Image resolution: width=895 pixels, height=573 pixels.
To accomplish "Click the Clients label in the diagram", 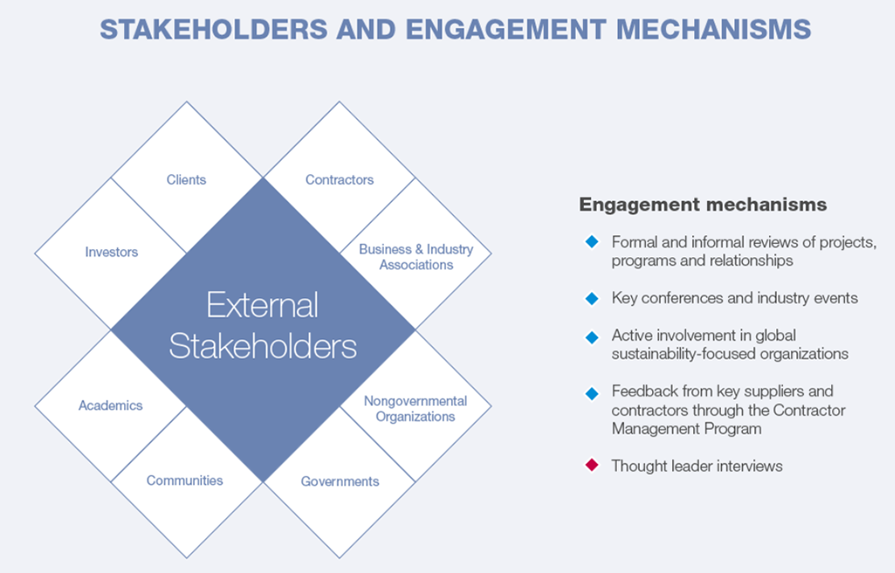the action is pyautogui.click(x=186, y=180).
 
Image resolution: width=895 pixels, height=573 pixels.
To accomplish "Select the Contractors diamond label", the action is pyautogui.click(x=340, y=180).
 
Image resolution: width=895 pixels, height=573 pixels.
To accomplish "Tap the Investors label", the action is pyautogui.click(x=111, y=252).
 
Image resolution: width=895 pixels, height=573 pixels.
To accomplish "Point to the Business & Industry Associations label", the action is pyautogui.click(x=416, y=257).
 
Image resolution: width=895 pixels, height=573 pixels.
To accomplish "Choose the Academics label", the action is pyautogui.click(x=110, y=406).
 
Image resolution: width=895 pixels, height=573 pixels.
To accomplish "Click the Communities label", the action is pyautogui.click(x=184, y=480).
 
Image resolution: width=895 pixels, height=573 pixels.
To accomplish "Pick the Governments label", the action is pyautogui.click(x=340, y=482).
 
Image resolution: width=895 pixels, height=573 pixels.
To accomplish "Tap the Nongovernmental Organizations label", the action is pyautogui.click(x=415, y=409).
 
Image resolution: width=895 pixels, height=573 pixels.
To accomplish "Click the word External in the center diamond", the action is pyautogui.click(x=262, y=305).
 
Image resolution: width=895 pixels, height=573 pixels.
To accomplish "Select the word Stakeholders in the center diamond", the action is pyautogui.click(x=262, y=346).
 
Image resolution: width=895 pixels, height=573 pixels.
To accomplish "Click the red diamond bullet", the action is pyautogui.click(x=592, y=465).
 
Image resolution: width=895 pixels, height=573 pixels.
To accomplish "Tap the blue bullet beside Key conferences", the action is pyautogui.click(x=592, y=298).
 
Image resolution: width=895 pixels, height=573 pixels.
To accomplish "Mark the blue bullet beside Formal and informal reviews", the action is pyautogui.click(x=592, y=241).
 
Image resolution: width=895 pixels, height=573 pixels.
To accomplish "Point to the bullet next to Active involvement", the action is pyautogui.click(x=592, y=337).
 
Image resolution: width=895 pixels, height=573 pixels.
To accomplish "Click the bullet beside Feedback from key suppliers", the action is pyautogui.click(x=592, y=393).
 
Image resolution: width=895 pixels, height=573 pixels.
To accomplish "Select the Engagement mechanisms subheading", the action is pyautogui.click(x=703, y=205).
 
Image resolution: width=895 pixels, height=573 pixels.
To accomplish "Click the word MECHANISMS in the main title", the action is pyautogui.click(x=713, y=30).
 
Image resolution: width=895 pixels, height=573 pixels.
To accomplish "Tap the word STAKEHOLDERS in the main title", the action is pyautogui.click(x=213, y=30).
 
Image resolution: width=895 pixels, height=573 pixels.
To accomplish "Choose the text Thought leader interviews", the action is pyautogui.click(x=697, y=466).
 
